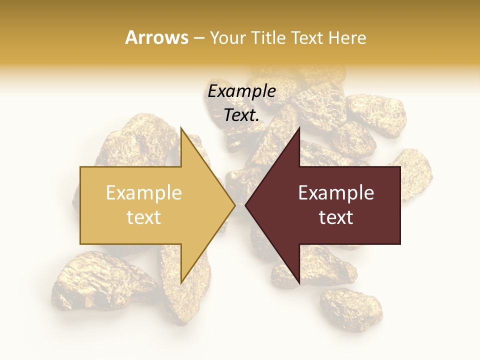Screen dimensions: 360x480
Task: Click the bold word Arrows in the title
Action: point(157,37)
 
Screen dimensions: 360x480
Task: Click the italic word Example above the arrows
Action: point(241,91)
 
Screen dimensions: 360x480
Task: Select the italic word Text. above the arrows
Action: point(241,115)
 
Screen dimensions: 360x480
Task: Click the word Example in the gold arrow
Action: point(144,193)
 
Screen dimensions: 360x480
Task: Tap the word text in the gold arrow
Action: point(144,217)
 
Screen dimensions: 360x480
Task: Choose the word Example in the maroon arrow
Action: point(336,193)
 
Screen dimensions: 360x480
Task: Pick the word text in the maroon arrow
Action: point(336,217)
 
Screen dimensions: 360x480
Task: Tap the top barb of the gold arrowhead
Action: point(182,131)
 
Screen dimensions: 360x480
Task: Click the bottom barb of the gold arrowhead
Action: point(182,280)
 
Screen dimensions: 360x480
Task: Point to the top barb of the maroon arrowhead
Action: point(298,131)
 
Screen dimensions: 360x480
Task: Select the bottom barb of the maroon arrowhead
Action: point(298,280)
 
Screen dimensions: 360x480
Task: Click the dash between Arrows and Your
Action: point(198,38)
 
